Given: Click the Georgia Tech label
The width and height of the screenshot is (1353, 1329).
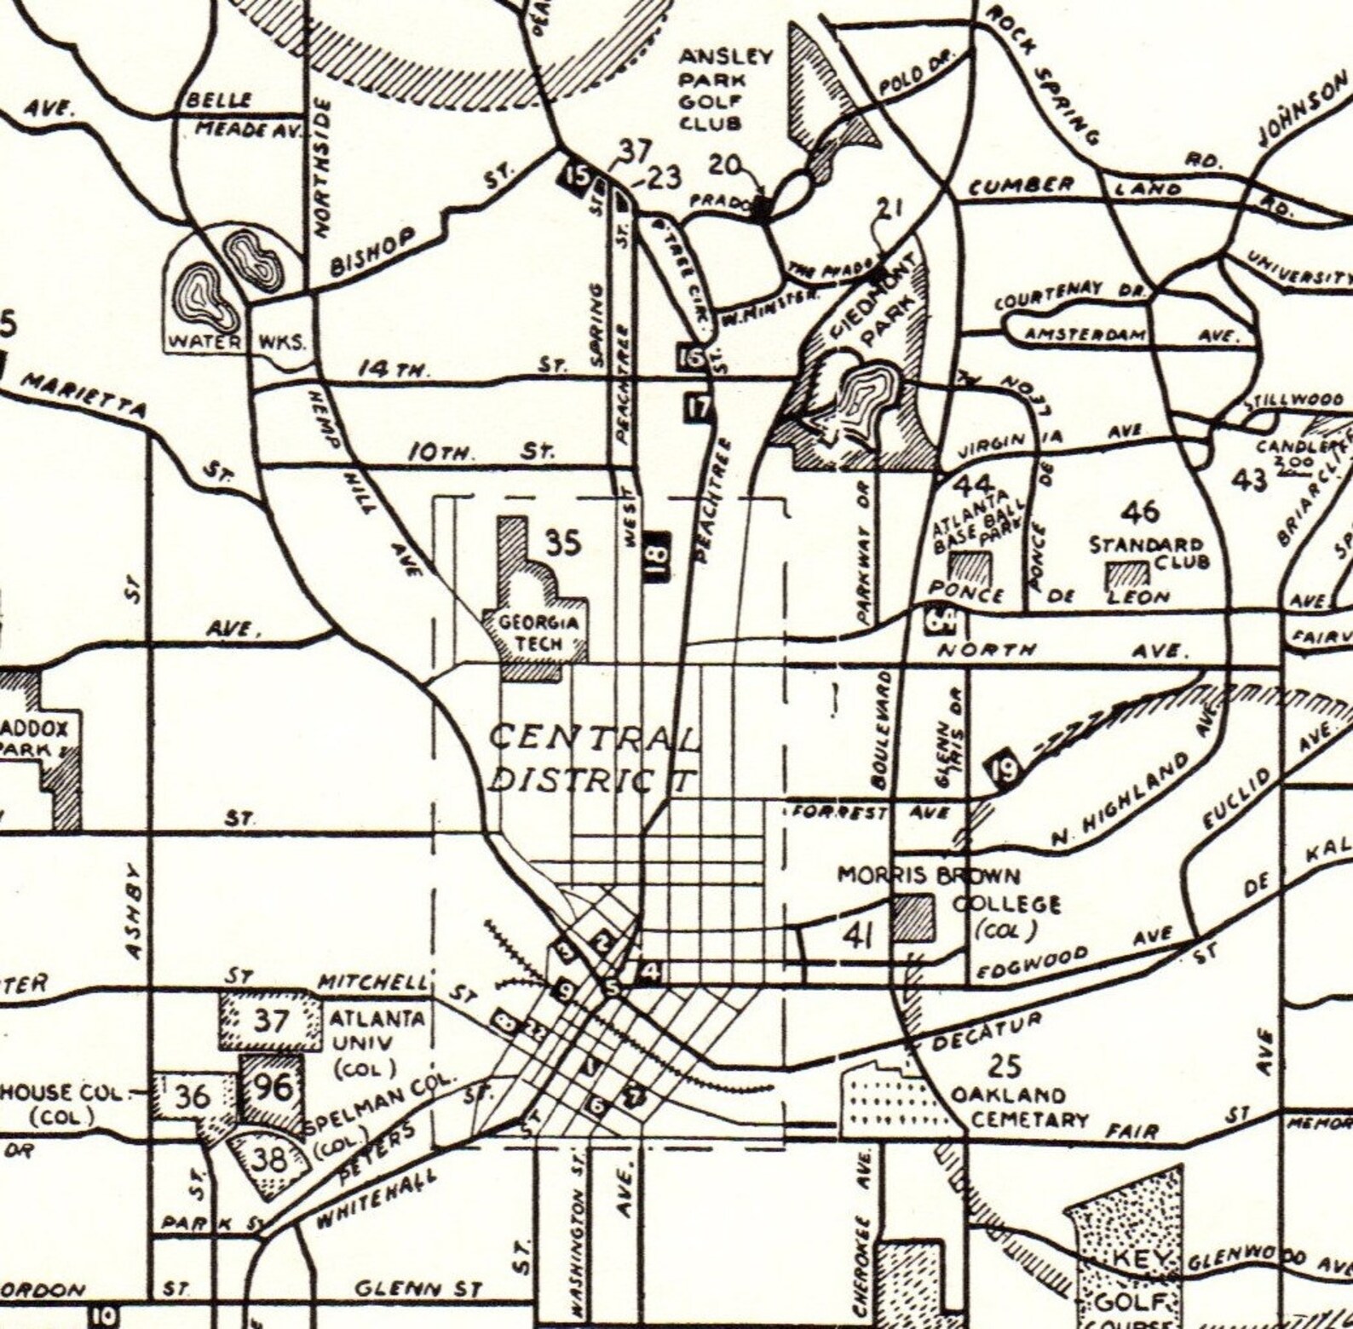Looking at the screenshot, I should [x=538, y=633].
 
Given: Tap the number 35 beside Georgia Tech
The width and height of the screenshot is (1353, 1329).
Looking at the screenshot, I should [x=563, y=543].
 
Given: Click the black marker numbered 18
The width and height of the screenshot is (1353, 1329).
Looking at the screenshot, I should [x=659, y=555].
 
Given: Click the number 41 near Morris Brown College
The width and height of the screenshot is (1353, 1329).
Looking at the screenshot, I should [x=858, y=936].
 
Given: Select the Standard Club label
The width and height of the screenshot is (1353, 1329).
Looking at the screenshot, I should [x=1149, y=552].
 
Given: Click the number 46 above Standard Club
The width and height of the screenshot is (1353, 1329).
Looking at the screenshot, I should [x=1140, y=512].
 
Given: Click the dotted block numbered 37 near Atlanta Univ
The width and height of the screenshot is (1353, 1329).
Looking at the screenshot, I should [x=272, y=1019].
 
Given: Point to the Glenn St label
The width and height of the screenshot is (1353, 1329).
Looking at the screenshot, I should [x=418, y=1289].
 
